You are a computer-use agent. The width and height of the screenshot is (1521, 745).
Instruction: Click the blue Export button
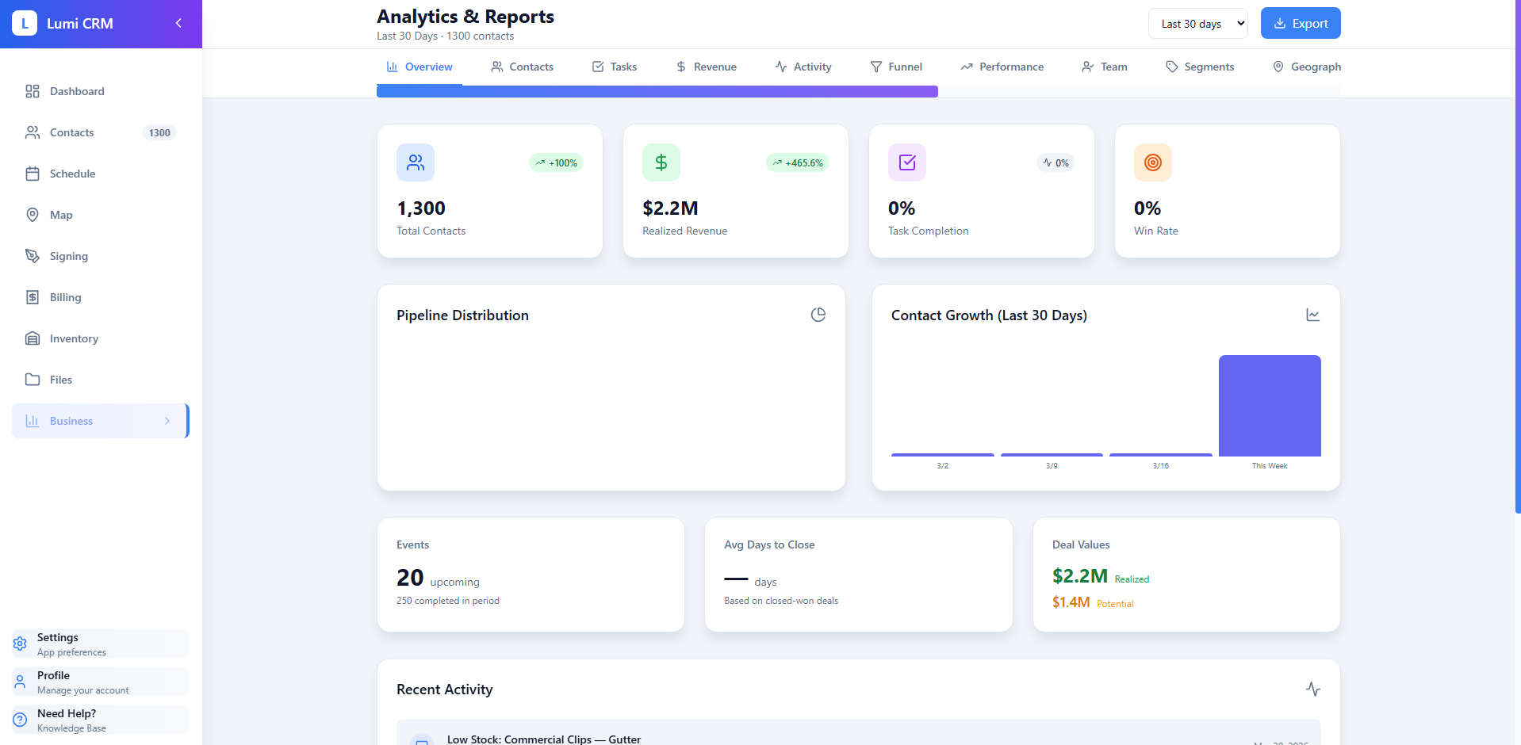pos(1300,24)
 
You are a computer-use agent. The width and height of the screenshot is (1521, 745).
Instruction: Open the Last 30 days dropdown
pos(1197,24)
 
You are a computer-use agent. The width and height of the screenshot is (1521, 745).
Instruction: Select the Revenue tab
pos(706,67)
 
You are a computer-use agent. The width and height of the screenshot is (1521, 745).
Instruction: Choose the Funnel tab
pos(896,67)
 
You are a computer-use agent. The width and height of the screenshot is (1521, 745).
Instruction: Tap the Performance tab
pos(1002,67)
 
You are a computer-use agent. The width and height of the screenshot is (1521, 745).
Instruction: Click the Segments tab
pos(1200,67)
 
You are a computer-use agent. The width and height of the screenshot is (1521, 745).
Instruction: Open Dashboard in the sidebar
pos(76,91)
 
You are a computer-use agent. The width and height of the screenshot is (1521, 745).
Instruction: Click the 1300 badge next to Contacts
pos(159,133)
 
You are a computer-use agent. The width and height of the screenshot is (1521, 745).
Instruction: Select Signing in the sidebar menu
pos(68,256)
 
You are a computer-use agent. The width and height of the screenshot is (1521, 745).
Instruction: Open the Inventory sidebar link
pos(74,338)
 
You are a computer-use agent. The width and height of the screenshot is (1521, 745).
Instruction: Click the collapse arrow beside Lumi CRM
pos(178,24)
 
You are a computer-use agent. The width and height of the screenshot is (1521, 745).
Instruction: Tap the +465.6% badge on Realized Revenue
pos(798,163)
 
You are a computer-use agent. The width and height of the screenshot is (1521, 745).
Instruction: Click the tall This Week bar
pos(1269,406)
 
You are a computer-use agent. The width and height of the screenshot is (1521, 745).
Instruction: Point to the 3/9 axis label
pos(1052,466)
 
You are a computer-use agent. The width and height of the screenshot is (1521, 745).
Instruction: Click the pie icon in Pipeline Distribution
pos(818,315)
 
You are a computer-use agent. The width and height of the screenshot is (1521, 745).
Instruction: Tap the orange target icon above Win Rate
pos(1152,162)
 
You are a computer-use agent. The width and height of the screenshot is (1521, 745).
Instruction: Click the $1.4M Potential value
pos(1071,602)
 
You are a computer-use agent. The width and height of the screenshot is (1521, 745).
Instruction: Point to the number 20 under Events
pos(410,578)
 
